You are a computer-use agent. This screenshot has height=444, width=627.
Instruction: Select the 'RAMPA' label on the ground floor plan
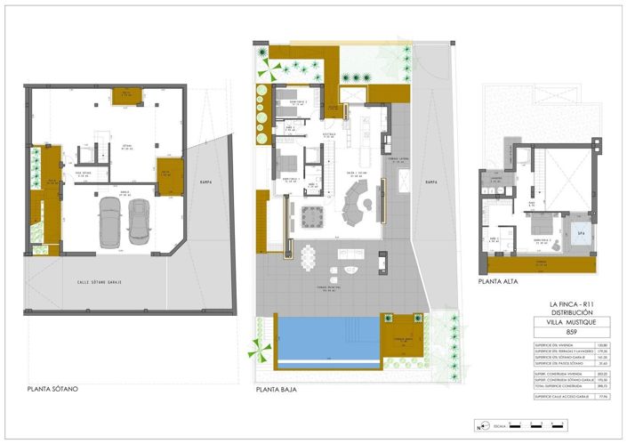click(x=431, y=182)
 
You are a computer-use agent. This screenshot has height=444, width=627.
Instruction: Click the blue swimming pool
click(x=325, y=338)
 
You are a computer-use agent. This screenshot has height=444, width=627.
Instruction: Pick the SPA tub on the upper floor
click(x=580, y=233)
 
